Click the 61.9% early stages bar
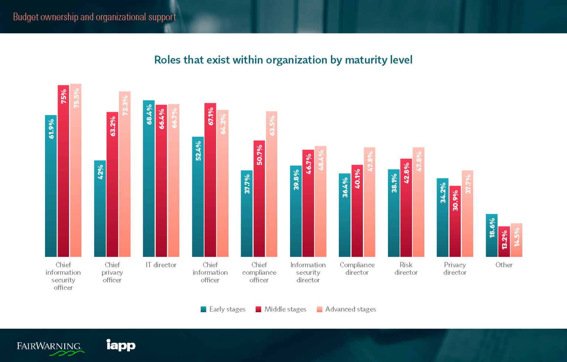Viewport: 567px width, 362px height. [x=51, y=186]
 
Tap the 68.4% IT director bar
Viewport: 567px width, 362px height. [x=149, y=179]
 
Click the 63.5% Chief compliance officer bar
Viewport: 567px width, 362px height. [x=271, y=184]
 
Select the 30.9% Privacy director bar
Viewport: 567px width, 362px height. [x=455, y=221]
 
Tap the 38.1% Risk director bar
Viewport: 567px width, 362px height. [x=394, y=213]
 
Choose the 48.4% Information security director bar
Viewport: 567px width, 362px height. [x=320, y=201]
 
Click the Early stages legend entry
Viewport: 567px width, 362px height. [x=223, y=309]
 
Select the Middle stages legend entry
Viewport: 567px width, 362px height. [x=281, y=309]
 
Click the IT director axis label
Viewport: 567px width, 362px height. [x=161, y=265]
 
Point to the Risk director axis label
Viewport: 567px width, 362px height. [x=406, y=269]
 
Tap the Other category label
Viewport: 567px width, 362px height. [x=504, y=265]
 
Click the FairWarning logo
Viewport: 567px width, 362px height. [x=50, y=347]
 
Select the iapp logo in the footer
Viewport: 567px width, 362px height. [x=121, y=345]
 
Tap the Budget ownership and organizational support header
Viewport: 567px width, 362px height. [x=94, y=17]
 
